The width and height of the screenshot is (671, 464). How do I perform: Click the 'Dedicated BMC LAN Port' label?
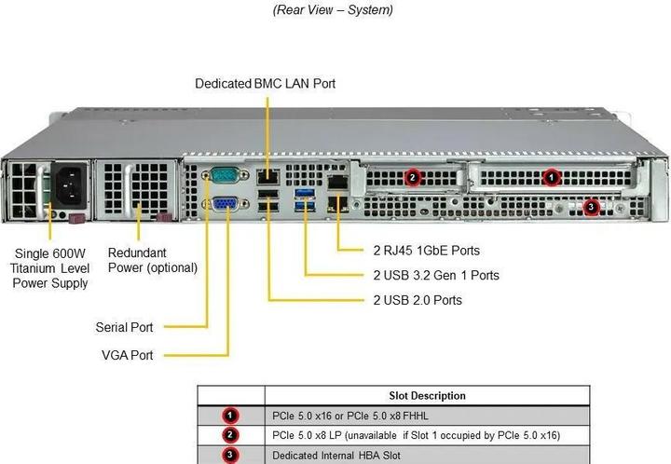coord(265,84)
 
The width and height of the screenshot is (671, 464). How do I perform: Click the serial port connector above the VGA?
coord(225,174)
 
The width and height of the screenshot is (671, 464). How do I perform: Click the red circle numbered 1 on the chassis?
coord(551,175)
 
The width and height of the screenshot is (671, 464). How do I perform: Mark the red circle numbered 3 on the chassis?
coord(590,207)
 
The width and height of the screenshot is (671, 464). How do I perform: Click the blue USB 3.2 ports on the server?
coord(305,198)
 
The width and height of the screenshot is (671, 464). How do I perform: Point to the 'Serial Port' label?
coord(124,327)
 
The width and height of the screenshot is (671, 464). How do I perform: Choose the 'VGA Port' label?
coord(128,355)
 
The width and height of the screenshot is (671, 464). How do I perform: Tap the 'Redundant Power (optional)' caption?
coord(153,260)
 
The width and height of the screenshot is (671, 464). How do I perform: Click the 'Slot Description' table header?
coord(427,395)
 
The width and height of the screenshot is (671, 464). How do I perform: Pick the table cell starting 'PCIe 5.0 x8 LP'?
coord(416,435)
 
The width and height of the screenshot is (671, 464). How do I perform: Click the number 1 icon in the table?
coord(230,416)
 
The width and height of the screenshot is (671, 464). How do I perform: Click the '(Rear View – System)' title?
coord(332,10)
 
